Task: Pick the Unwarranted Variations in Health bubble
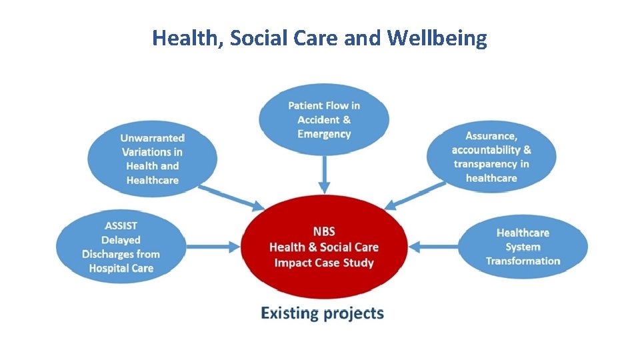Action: click(152, 159)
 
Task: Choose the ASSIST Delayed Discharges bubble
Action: click(120, 247)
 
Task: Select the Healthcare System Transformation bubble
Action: click(523, 247)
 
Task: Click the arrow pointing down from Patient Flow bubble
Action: click(324, 174)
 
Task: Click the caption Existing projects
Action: click(322, 313)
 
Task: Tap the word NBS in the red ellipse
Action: click(324, 232)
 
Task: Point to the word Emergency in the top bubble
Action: click(324, 134)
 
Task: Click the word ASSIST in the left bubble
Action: click(121, 225)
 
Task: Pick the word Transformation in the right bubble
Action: click(523, 261)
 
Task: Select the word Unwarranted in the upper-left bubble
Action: click(153, 138)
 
